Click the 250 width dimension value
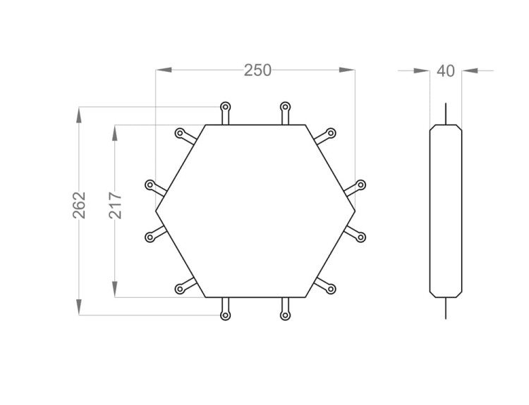tap(257, 70)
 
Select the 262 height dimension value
tap(79, 205)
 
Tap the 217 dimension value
tap(116, 205)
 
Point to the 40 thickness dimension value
tap(446, 71)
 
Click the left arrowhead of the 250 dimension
tap(164, 70)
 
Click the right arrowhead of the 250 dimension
tap(347, 70)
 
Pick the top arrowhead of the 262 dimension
tap(79, 115)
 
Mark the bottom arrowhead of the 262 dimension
tap(79, 307)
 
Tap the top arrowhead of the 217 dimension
tap(115, 132)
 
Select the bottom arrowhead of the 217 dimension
tap(115, 289)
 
